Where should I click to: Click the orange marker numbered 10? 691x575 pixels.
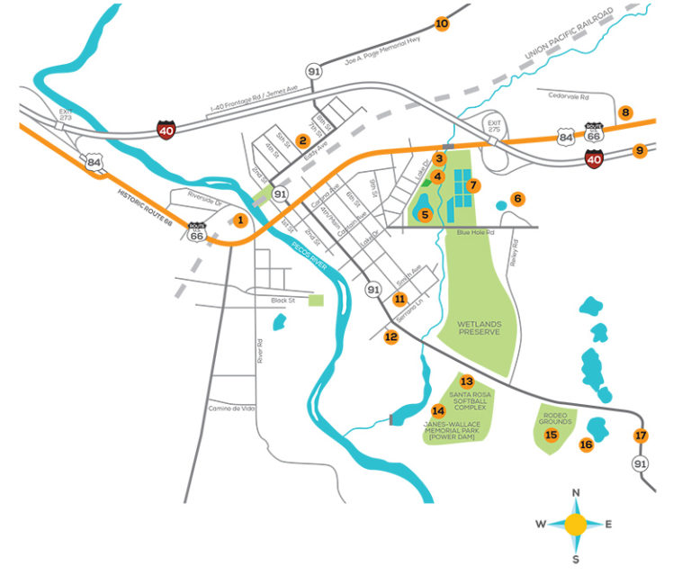coord(442,24)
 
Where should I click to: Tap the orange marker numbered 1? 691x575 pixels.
coord(240,220)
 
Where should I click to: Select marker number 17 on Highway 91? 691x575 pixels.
coord(641,436)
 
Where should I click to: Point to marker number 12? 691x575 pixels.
coord(390,337)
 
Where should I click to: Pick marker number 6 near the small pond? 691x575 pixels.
coord(517,198)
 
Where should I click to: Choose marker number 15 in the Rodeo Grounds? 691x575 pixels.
coord(552,436)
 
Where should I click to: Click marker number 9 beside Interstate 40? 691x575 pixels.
coord(640,151)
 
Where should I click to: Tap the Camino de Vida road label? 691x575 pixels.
coord(231,409)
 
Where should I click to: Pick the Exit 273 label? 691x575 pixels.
coord(61,115)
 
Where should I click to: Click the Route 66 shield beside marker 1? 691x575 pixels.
coord(196,232)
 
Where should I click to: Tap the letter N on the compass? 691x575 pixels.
coord(576,492)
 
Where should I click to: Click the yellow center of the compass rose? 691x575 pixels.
coord(576,525)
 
